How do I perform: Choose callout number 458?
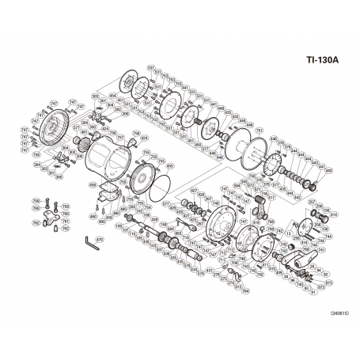(93, 184)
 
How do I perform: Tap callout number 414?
(332, 214)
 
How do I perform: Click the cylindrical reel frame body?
(107, 158)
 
